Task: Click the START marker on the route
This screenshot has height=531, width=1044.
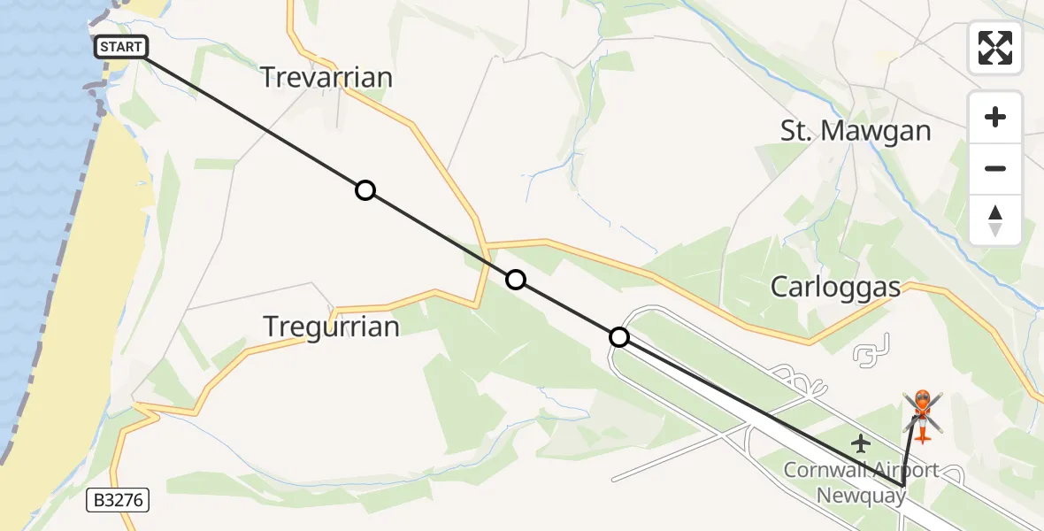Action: click(120, 47)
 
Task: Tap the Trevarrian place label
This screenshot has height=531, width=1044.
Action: click(326, 78)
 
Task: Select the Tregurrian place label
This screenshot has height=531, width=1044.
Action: click(332, 327)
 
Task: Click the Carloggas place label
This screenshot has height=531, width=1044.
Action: click(835, 287)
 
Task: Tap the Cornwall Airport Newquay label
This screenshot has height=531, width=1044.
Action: click(860, 482)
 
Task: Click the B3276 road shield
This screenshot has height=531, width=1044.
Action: click(119, 501)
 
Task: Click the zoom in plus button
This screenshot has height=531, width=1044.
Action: click(995, 117)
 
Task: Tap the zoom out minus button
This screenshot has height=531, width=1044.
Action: click(995, 168)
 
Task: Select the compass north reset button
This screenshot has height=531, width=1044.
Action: click(995, 219)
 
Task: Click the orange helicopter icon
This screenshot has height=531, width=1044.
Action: click(922, 414)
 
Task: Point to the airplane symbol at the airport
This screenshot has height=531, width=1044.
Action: click(859, 442)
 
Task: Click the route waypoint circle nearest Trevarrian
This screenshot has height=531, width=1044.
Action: click(365, 190)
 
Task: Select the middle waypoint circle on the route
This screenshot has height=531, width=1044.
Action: click(515, 281)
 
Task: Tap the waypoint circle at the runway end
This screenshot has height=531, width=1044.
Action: click(619, 337)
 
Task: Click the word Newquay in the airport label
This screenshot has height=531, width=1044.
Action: click(860, 495)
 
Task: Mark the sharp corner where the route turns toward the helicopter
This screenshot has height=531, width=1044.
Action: click(902, 486)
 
